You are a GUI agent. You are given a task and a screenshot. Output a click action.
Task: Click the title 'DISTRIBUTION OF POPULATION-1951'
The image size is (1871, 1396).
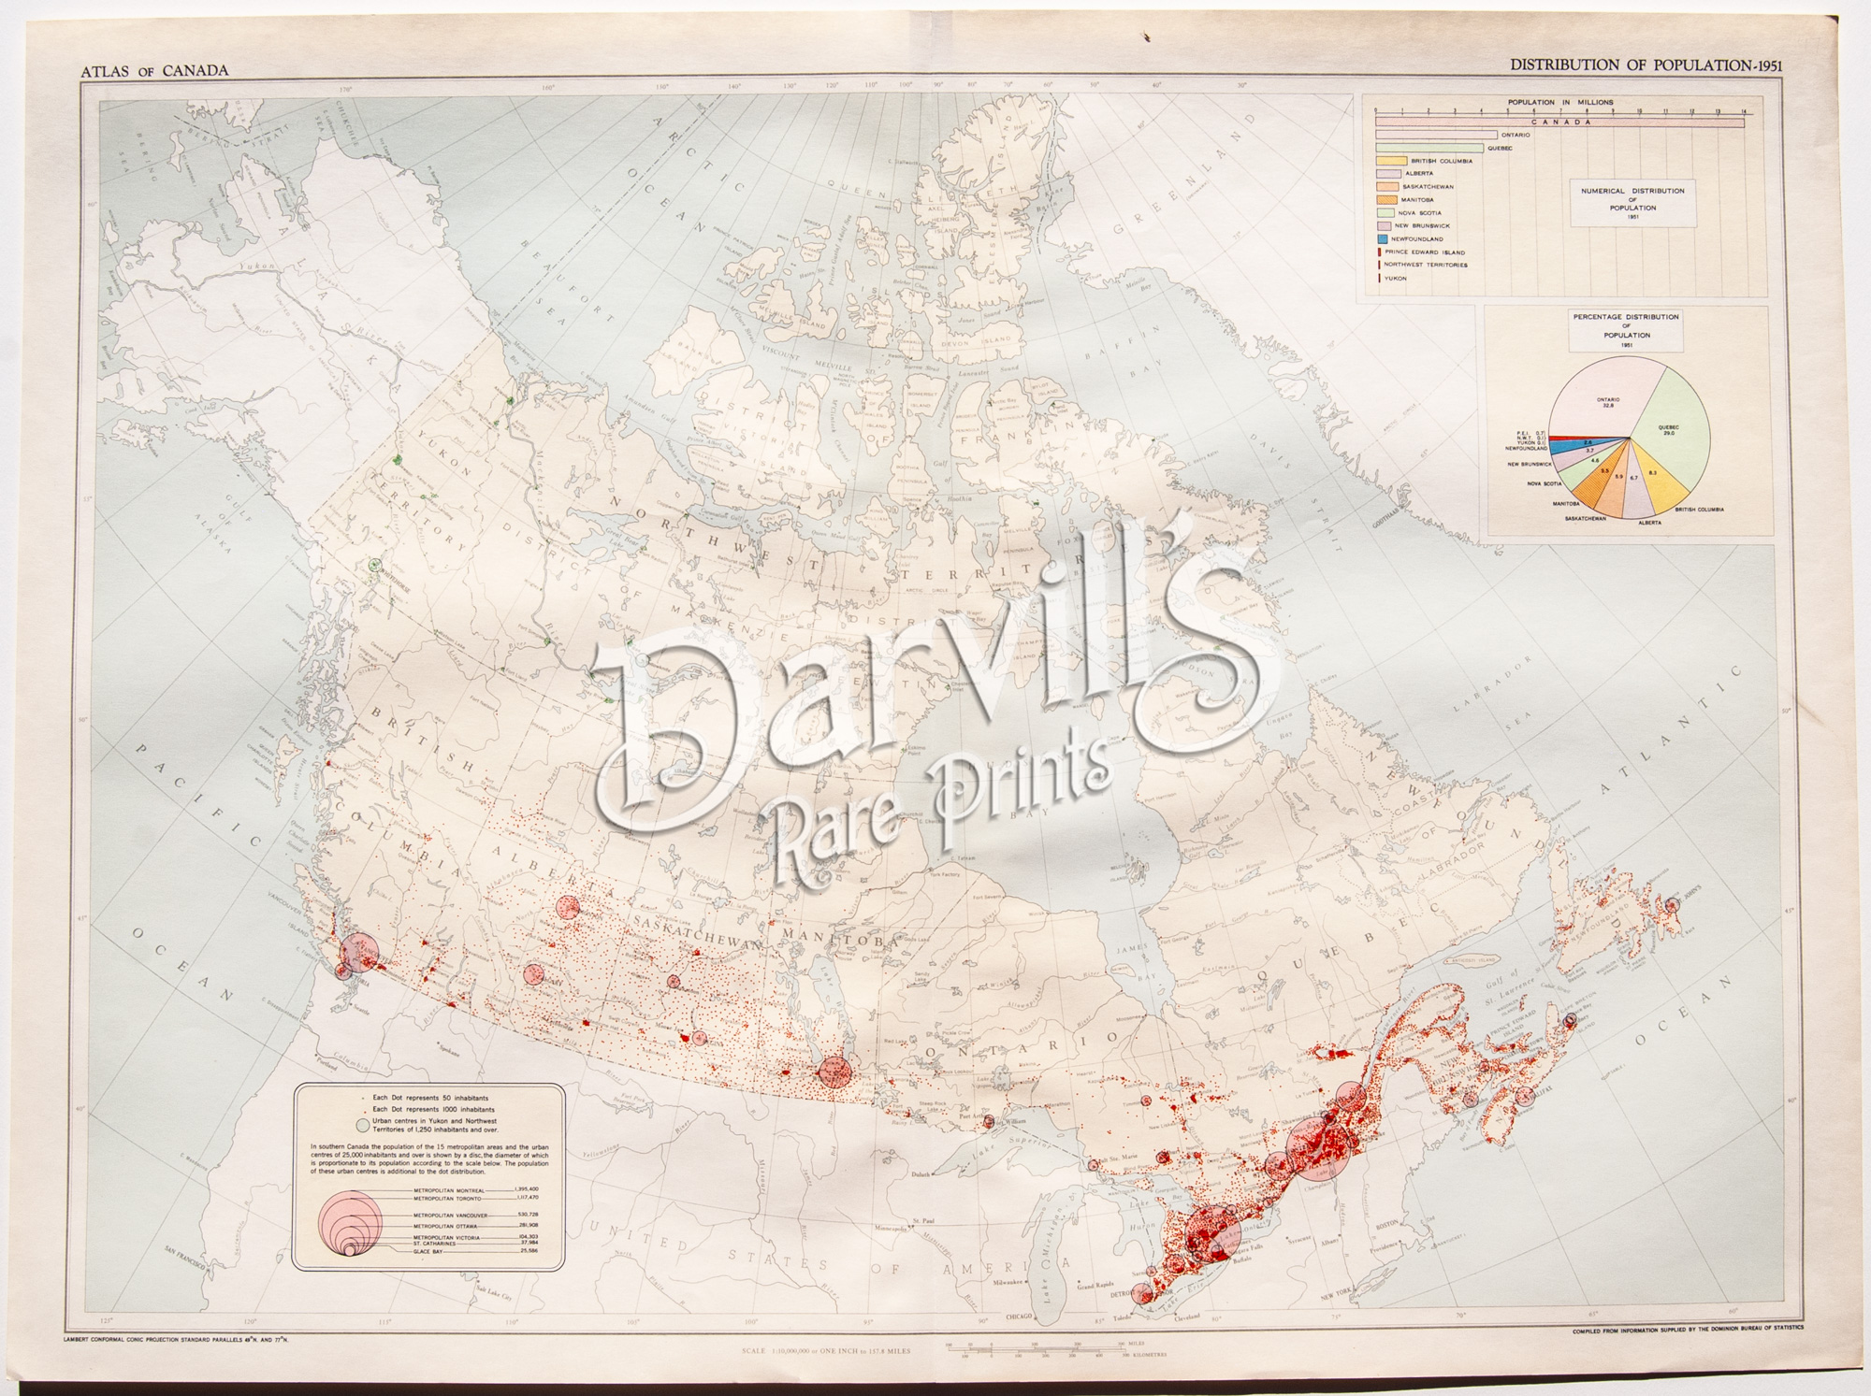pyautogui.click(x=1644, y=65)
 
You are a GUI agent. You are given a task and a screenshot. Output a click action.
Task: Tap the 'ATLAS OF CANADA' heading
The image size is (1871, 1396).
pyautogui.click(x=154, y=71)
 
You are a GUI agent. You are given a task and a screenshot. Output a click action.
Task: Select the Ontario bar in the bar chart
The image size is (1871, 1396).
pyautogui.click(x=1435, y=135)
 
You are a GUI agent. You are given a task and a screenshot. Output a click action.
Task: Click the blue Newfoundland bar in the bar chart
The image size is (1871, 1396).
pyautogui.click(x=1381, y=239)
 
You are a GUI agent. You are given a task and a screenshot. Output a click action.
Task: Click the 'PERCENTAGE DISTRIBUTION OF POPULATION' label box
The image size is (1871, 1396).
pyautogui.click(x=1626, y=331)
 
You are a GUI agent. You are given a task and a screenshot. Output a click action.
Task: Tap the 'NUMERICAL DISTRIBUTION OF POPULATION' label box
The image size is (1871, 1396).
pyautogui.click(x=1632, y=204)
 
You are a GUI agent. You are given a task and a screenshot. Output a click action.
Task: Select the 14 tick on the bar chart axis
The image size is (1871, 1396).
pyautogui.click(x=1744, y=111)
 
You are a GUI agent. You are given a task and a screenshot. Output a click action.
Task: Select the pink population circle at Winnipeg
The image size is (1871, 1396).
pyautogui.click(x=833, y=1071)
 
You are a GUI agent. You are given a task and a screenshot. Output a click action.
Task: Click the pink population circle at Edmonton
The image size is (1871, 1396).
pyautogui.click(x=568, y=907)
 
